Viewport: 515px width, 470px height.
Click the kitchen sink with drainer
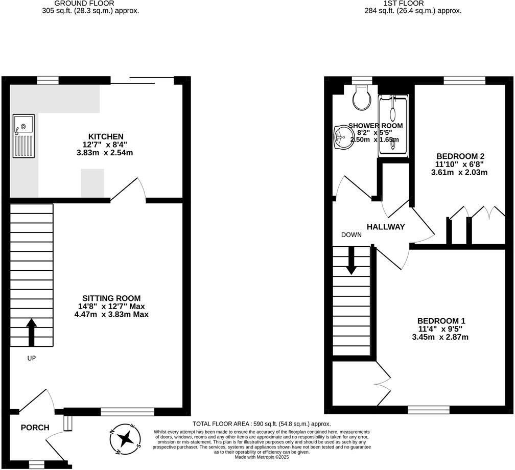24,137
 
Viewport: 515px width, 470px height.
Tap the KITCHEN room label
106,136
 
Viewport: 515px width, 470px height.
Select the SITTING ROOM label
111,298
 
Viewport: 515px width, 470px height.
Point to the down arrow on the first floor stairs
351,261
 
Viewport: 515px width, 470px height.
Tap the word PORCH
35,428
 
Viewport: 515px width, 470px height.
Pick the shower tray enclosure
393,126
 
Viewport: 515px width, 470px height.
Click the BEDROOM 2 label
460,156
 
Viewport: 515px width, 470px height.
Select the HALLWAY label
386,227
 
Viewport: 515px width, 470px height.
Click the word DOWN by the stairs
352,235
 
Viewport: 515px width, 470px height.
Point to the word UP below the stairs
32,358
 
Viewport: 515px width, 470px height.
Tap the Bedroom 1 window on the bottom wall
428,410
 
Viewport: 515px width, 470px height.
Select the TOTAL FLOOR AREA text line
262,424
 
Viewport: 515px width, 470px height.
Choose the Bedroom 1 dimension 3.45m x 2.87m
440,337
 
